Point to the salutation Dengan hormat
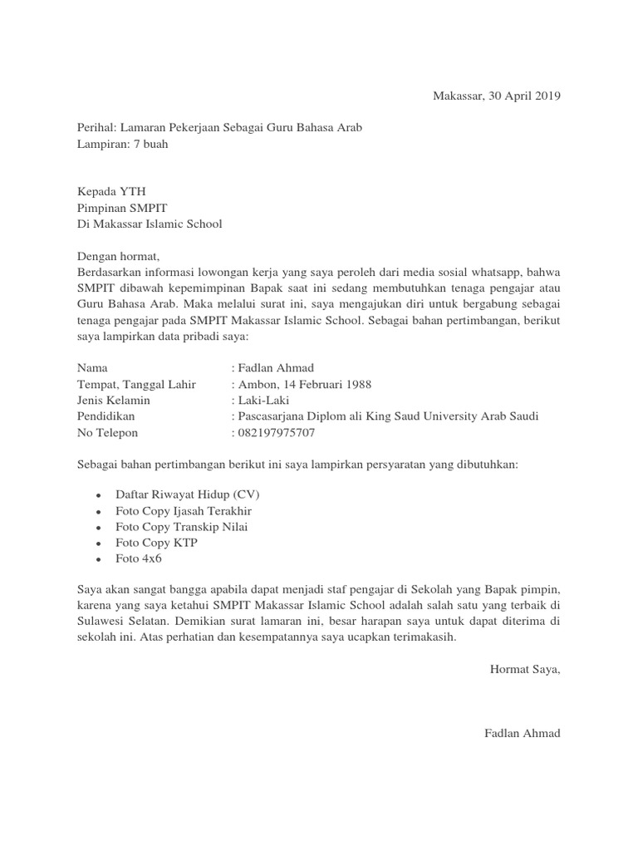[116, 255]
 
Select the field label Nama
[92, 367]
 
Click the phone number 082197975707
[277, 433]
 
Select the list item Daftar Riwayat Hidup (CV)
[187, 494]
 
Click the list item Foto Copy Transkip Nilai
[181, 527]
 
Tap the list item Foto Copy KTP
[156, 543]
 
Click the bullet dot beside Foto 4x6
[98, 560]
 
